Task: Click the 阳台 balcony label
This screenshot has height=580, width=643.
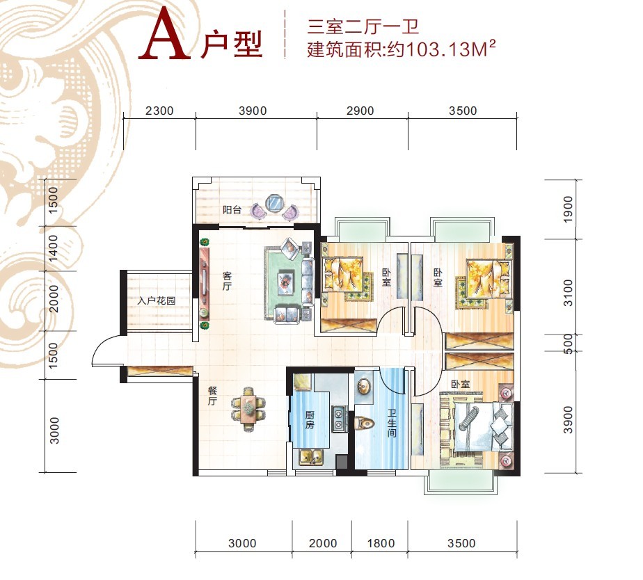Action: tap(232, 210)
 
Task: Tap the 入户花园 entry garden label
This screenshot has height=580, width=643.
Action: tap(157, 301)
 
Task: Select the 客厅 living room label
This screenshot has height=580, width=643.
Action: tap(227, 281)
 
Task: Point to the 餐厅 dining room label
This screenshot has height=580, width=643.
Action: tap(212, 396)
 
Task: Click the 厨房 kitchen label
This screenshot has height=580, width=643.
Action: tap(310, 420)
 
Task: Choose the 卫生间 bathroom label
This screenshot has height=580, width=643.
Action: tap(392, 421)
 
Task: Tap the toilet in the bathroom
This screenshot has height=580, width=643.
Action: tap(365, 423)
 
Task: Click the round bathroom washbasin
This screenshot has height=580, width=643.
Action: tap(364, 386)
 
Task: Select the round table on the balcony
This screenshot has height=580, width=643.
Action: tap(274, 203)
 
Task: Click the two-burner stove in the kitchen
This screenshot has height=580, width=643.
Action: tap(339, 419)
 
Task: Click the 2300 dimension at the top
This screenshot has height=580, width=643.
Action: tap(159, 111)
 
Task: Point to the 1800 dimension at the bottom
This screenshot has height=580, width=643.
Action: tap(381, 544)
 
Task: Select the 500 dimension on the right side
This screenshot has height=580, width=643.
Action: tap(568, 344)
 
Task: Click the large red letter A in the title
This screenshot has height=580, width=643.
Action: tap(164, 35)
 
